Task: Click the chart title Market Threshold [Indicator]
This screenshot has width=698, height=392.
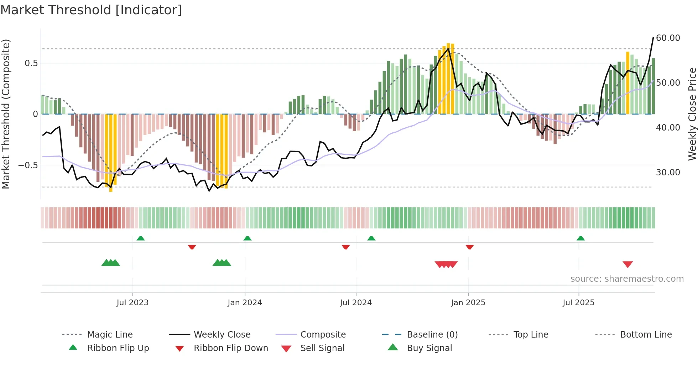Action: pos(91,10)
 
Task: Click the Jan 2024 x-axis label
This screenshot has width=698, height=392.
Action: pos(245,303)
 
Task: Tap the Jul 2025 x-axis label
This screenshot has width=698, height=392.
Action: pos(578,303)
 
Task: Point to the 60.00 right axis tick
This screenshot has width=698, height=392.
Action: pos(668,38)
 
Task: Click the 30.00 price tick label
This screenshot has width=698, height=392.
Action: pos(668,173)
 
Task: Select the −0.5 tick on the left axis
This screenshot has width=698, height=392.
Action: pos(28,165)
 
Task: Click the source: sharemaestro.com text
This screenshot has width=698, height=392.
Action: pos(627,279)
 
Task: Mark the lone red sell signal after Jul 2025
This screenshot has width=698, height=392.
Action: pos(627,264)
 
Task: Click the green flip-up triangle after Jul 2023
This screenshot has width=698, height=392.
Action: pos(141,238)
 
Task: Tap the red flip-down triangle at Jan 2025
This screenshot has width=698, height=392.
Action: pos(469,247)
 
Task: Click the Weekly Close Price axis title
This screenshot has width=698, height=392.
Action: pos(692,114)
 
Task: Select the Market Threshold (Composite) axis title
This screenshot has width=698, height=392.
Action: pos(6,114)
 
